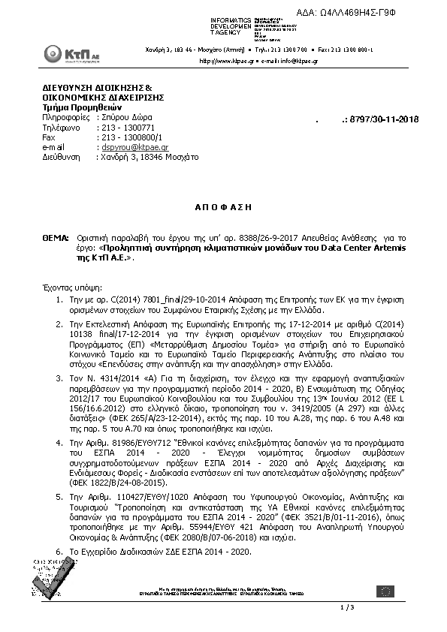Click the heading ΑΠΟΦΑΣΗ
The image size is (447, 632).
click(x=223, y=206)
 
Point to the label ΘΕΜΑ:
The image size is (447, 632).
click(x=56, y=236)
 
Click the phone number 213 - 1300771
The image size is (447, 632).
click(x=125, y=128)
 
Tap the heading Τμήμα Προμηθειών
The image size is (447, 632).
click(x=77, y=107)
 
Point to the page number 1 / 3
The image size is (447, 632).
click(x=347, y=606)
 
